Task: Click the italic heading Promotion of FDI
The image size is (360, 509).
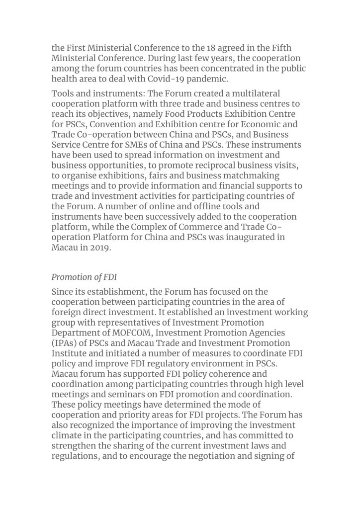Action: point(84,277)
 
